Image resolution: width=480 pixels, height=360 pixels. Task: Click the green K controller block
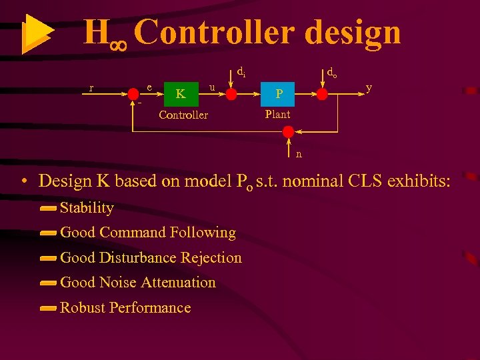(x=180, y=94)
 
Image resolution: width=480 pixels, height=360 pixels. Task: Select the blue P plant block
(x=279, y=94)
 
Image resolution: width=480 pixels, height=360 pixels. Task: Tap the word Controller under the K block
(x=183, y=115)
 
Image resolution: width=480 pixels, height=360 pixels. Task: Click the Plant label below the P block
(x=277, y=114)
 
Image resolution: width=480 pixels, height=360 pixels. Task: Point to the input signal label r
(x=91, y=87)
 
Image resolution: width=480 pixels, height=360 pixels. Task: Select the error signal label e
(x=149, y=87)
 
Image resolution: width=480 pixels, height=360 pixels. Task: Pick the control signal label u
(x=211, y=87)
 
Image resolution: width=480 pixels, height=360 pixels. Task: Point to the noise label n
(x=299, y=154)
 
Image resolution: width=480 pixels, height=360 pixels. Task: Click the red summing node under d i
(x=231, y=95)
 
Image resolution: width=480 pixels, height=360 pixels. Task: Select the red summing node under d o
(x=322, y=95)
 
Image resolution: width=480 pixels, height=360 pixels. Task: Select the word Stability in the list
(x=87, y=208)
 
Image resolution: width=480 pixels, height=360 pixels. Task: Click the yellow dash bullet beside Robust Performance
(x=47, y=308)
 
